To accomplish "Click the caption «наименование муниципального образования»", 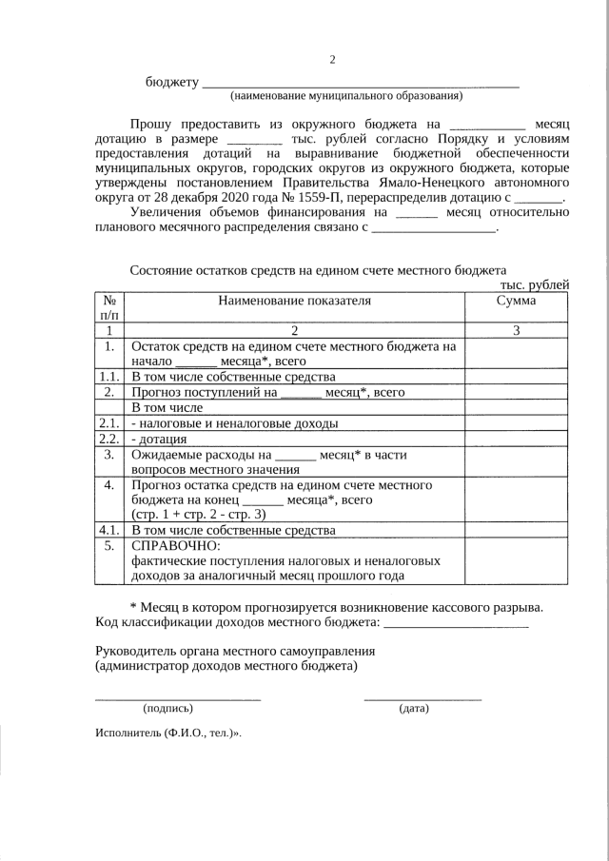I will (346, 96).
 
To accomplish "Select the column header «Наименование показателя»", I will (294, 302).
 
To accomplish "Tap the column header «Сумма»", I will (516, 302).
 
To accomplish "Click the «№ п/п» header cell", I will (109, 308).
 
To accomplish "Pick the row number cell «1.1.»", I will (109, 377).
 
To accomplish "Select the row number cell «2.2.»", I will (109, 440).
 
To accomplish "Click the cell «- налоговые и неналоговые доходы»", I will (234, 424).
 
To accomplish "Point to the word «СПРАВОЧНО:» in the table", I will (175, 546).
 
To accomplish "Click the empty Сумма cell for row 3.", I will (516, 463).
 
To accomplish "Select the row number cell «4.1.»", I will (109, 530).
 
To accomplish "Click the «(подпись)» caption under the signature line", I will (167, 709).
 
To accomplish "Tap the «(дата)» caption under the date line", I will (414, 709).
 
